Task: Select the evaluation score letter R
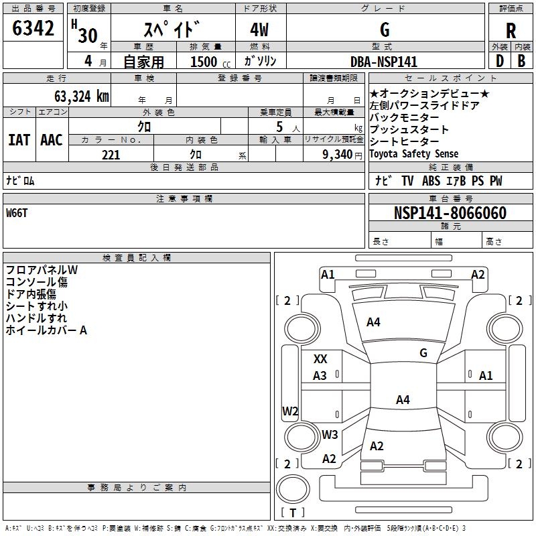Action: pos(511,30)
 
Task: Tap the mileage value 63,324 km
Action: pos(74,96)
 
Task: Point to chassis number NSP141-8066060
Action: pos(450,213)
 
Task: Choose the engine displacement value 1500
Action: pos(204,62)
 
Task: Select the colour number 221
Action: pos(111,155)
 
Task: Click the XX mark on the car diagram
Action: pos(320,359)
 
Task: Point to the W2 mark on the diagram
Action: pos(290,411)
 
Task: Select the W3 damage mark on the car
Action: pos(329,434)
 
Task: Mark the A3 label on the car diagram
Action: pos(320,376)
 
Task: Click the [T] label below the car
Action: pos(293,513)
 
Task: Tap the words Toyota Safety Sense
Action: pos(413,154)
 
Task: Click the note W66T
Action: pos(17,213)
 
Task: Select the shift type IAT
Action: pos(19,140)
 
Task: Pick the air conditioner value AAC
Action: pos(51,140)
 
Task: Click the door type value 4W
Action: pos(260,31)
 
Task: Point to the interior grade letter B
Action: pos(521,61)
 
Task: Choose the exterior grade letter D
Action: pos(499,61)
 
